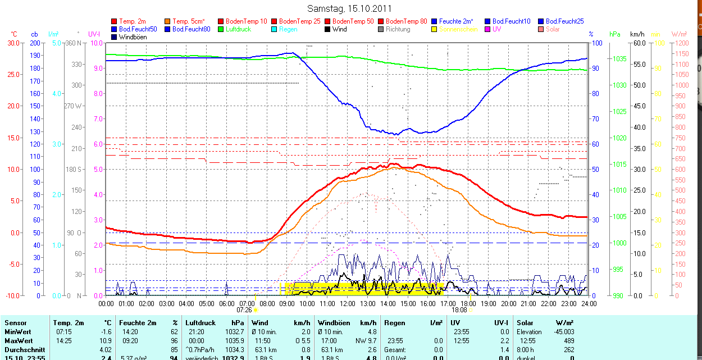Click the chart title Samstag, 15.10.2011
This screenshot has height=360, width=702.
point(350,8)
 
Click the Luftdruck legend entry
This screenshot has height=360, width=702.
point(235,29)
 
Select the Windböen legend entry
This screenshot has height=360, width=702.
point(133,37)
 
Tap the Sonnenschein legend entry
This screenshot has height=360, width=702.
point(458,29)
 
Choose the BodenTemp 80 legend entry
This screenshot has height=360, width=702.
point(406,21)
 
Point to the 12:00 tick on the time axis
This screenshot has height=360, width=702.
point(348,304)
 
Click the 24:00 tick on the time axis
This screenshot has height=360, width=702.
point(589,304)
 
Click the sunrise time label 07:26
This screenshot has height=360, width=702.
point(244,309)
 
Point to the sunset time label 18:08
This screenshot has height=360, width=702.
point(459,309)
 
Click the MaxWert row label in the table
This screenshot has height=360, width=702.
point(19,341)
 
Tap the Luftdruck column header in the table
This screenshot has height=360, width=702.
point(199,323)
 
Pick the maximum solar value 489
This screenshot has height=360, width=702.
point(569,341)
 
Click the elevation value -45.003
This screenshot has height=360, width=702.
point(563,332)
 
